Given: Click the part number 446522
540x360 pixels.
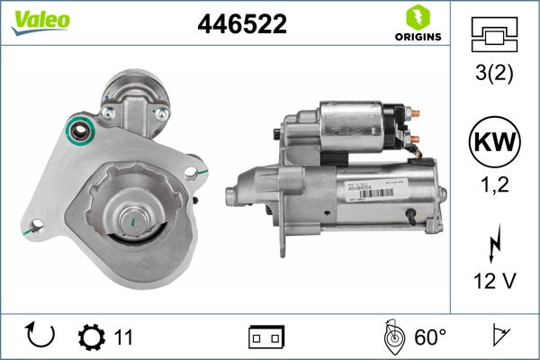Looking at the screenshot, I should pos(241,25).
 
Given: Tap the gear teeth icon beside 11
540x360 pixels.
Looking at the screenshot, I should pos(92,337).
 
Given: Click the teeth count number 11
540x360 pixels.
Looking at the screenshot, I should pos(123,337).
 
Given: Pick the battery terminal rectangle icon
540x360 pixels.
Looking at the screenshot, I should pos(265,337).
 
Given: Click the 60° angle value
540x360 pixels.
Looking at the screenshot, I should pos(429,337).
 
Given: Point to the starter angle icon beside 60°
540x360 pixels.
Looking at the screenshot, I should pos(392,336).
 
